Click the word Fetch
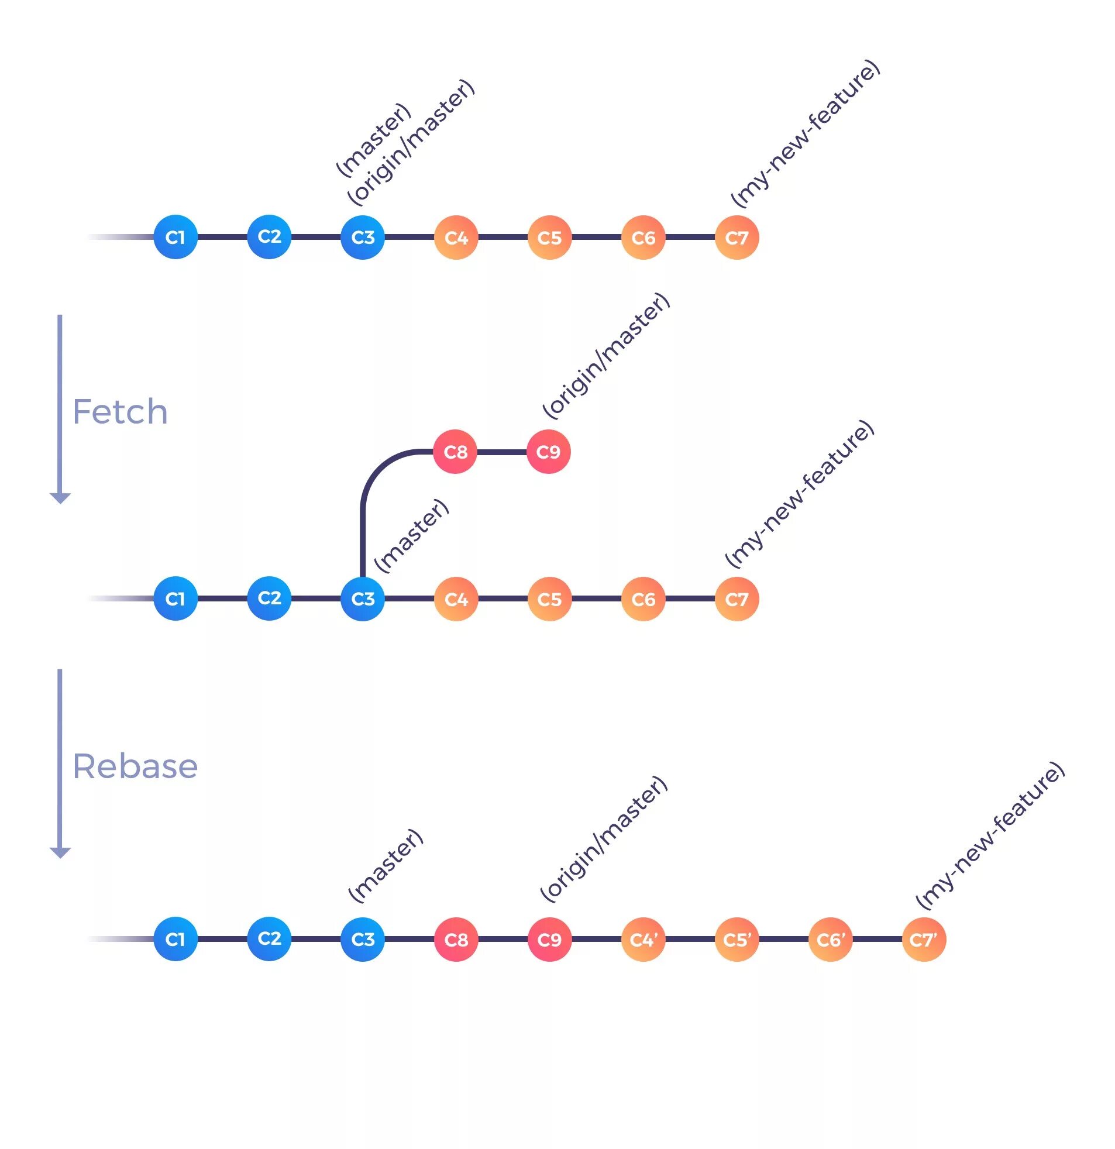point(119,411)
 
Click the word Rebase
point(135,766)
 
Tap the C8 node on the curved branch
point(455,452)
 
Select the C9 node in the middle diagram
point(548,452)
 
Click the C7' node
point(923,940)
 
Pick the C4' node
point(643,940)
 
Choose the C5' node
point(737,940)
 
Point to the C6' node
point(830,940)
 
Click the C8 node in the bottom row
point(456,940)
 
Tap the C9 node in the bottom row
point(549,940)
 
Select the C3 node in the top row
point(362,238)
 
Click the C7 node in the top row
point(737,238)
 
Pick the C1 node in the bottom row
point(175,939)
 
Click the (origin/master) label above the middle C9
point(606,356)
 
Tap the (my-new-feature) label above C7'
point(990,835)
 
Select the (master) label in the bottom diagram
point(386,865)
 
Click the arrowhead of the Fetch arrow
point(60,498)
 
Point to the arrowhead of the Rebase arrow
point(60,852)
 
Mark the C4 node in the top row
point(456,238)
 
